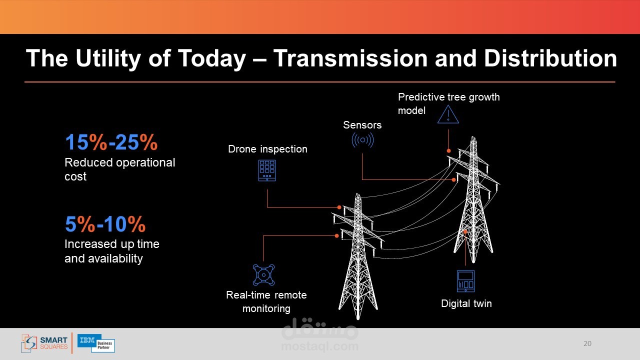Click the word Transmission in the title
coord(350,58)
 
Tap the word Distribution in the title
coord(550,58)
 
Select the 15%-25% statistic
coord(111,142)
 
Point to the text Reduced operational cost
coord(119,169)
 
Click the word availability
coord(115,258)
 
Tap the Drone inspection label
coord(267,149)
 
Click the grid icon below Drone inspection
coord(267,170)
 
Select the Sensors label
coord(362,125)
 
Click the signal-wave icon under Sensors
coord(362,140)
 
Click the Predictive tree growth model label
coord(449,103)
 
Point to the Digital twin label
coord(466,303)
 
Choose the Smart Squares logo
coord(44,343)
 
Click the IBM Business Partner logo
coord(96,343)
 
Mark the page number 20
coord(587,343)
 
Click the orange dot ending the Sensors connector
coord(453,179)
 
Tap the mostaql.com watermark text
coord(319,346)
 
